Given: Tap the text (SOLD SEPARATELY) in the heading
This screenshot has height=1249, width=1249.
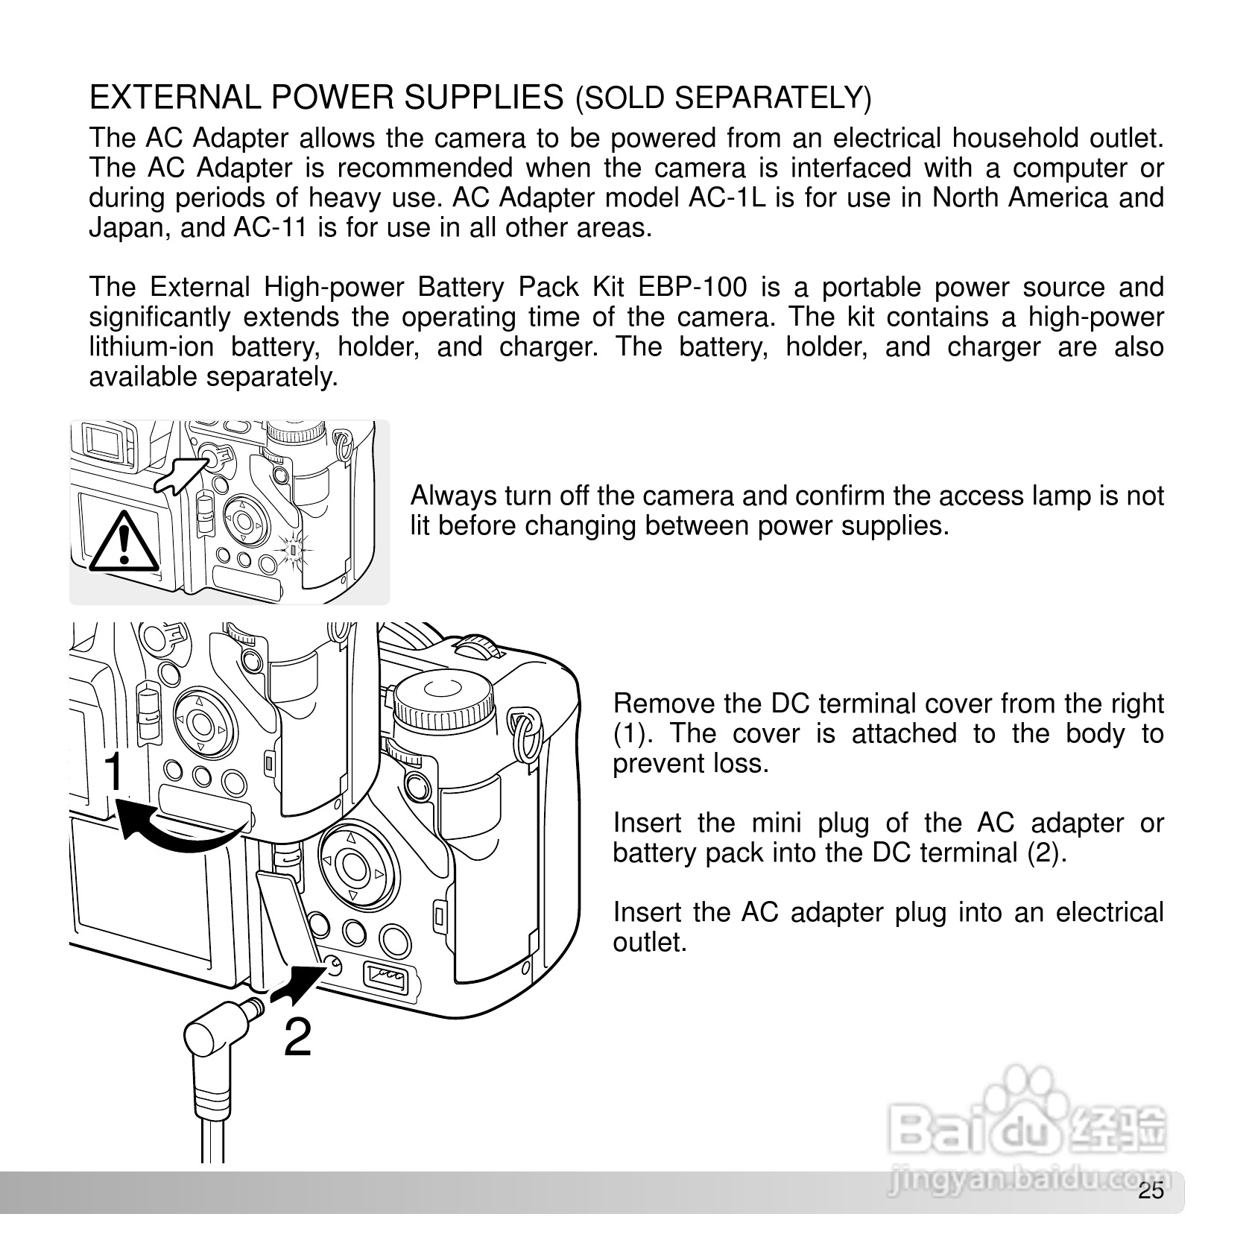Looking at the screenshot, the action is [723, 99].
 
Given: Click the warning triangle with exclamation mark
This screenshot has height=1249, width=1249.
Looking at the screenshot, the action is [124, 539].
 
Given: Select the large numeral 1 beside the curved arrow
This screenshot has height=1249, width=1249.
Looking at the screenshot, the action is [114, 772].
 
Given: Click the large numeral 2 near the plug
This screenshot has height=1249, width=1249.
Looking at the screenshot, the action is [298, 1038].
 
